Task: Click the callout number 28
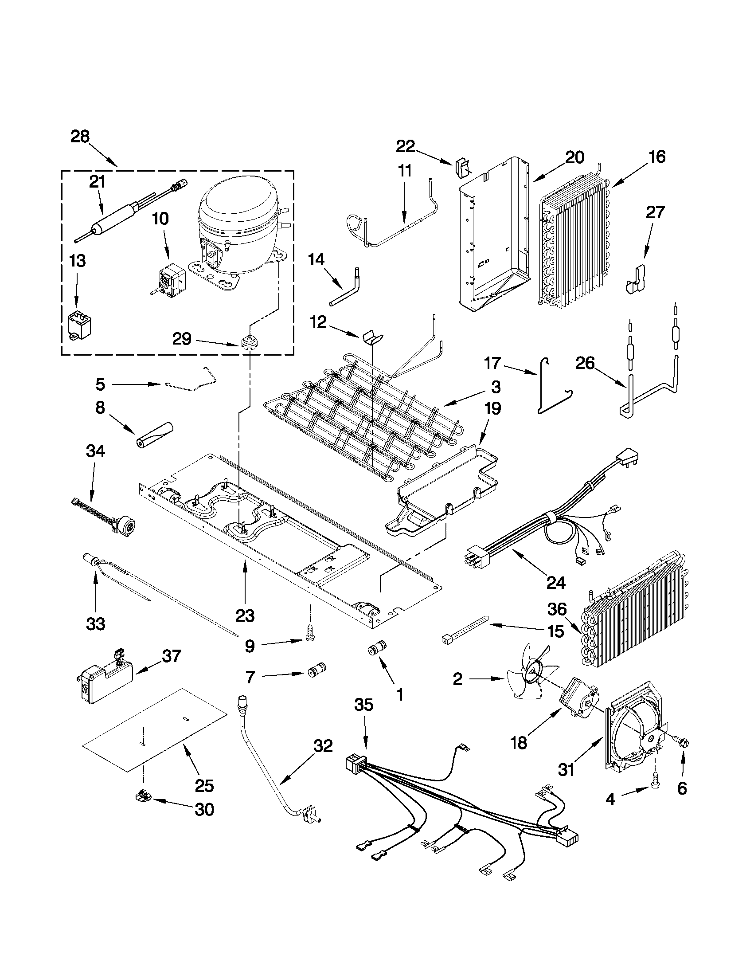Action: (80, 137)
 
